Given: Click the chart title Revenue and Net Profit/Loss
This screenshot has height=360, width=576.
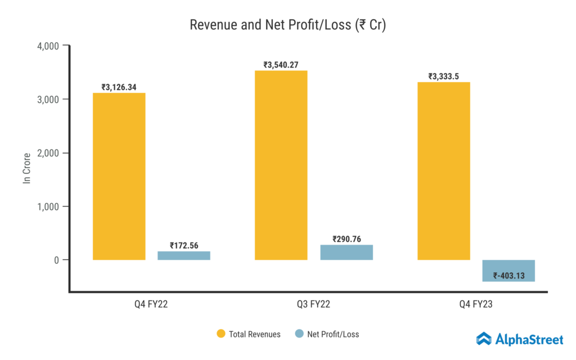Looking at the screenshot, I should point(287,25).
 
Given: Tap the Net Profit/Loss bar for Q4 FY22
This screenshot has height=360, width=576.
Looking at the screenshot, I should point(184,255).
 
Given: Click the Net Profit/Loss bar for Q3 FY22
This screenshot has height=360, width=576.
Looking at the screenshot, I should point(346,252).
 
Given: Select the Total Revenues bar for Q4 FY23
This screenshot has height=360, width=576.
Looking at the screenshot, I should point(443,171).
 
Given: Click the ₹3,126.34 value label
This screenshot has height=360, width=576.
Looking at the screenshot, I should point(119,87).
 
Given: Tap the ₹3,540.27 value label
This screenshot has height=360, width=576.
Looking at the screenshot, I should point(281,65).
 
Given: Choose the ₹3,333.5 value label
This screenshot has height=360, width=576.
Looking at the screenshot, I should point(443,76).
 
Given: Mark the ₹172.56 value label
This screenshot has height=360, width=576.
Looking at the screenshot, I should point(184,245).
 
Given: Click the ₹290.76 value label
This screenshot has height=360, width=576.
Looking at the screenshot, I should point(346,239).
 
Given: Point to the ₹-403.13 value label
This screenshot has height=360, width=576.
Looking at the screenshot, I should point(508,276).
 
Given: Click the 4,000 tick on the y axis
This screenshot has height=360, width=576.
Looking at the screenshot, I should point(48,46).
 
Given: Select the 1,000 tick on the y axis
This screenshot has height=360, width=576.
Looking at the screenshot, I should point(48,206).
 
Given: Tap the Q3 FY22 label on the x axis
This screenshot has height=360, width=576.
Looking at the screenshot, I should point(313,304).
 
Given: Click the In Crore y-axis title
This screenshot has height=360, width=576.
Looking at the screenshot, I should point(26,166).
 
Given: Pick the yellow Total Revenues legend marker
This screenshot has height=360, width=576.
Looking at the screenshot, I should point(221,334).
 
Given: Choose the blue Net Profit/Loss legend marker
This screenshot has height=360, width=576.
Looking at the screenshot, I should point(299,334).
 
